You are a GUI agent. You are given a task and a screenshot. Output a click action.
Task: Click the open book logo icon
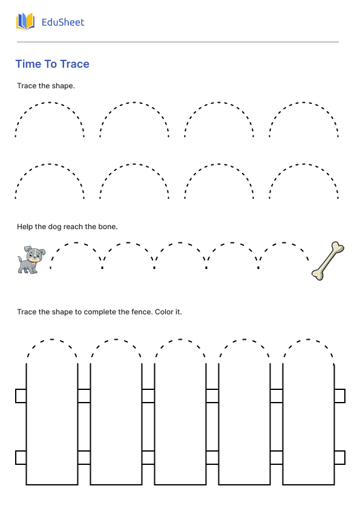(x=25, y=21)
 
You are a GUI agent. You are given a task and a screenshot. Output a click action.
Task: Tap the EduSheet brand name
(x=63, y=22)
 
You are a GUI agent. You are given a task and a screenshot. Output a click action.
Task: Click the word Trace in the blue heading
(x=75, y=64)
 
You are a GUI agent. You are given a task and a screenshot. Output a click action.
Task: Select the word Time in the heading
(x=26, y=64)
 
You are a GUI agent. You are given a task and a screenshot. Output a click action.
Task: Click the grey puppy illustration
(x=31, y=260)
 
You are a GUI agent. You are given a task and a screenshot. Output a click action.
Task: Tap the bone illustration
(x=328, y=261)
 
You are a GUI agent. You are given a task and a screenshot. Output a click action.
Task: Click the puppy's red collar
(x=32, y=260)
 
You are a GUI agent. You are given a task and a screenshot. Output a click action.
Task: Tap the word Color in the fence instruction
(x=164, y=312)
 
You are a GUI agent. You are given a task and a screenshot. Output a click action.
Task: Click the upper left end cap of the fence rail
(x=21, y=396)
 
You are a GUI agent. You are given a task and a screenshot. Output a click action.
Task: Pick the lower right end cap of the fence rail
(x=339, y=458)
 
